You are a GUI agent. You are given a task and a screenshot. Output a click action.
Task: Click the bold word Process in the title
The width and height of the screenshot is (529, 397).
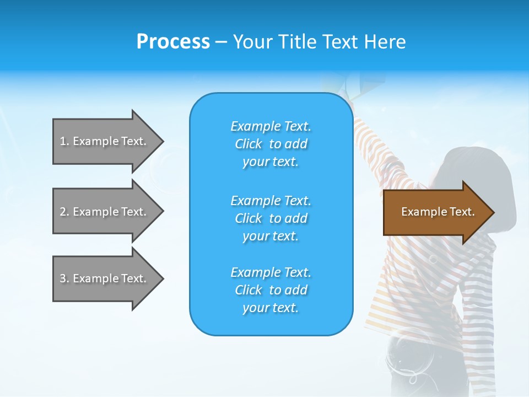pos(173,42)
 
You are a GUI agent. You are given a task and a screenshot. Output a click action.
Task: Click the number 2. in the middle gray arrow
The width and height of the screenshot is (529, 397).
pos(64,212)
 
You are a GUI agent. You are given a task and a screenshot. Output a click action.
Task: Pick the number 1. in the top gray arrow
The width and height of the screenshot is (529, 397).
pos(64,141)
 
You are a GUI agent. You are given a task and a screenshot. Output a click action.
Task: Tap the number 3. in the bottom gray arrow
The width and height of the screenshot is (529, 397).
pos(64,278)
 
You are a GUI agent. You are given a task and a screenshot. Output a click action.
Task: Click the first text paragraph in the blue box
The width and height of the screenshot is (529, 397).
pos(271,144)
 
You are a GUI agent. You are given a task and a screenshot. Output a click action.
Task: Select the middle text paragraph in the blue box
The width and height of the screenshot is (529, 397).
pos(271,218)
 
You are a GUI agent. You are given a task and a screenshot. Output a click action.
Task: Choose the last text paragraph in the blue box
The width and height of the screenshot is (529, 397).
pos(271,290)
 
